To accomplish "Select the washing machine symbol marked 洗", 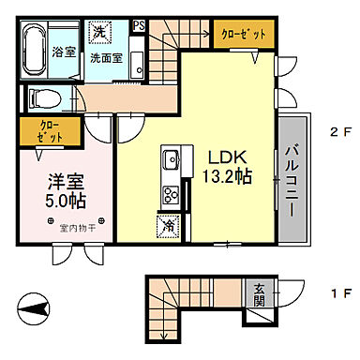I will (x=99, y=33).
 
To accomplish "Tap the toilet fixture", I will (x=44, y=97).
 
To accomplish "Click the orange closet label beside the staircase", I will (x=242, y=33).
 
